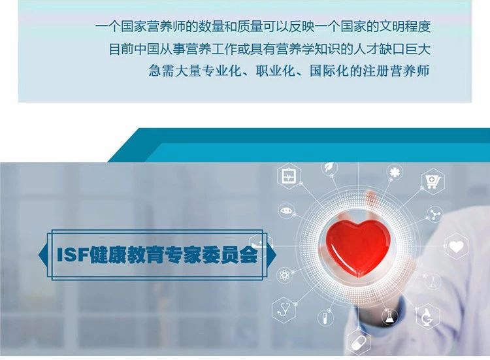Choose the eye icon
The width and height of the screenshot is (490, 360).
point(286,211)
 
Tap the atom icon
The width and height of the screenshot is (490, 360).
point(284,275)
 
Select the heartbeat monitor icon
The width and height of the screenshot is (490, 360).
point(288,176)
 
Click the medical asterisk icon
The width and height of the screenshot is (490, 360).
point(395,172)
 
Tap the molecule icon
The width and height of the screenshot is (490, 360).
point(434,214)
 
